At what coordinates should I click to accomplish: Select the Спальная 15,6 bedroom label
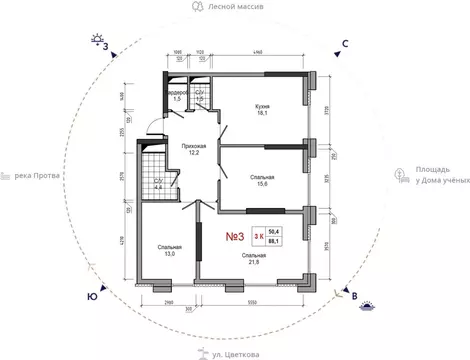(x=262, y=181)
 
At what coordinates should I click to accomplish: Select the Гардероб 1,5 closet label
(x=175, y=96)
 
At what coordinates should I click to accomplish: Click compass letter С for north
(x=344, y=43)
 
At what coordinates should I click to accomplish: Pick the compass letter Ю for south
(x=92, y=296)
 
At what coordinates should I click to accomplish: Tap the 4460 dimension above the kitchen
(x=257, y=51)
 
